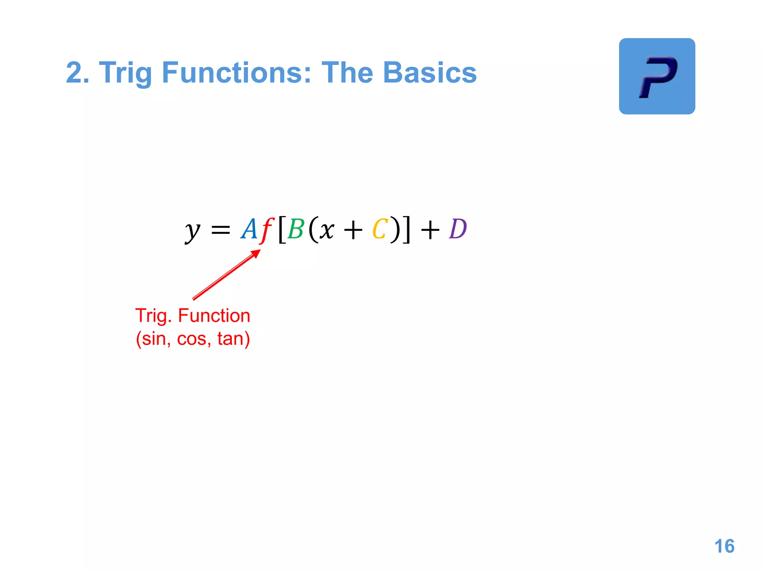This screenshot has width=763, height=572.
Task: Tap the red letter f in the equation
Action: pos(267,230)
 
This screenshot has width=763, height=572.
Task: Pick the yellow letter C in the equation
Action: pos(380,229)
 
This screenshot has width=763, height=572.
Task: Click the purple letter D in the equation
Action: pos(458,229)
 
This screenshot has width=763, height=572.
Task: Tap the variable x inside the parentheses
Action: pos(327,230)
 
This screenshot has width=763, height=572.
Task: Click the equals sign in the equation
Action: pos(221,230)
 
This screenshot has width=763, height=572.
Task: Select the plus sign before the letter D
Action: pos(430,230)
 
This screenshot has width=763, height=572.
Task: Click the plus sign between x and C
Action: pos(353,230)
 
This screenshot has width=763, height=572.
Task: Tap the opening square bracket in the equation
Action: pos(282,230)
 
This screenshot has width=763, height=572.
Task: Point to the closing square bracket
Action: pos(406,230)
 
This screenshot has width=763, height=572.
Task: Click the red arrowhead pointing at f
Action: pos(256,254)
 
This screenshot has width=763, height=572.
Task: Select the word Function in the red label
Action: pos(214,316)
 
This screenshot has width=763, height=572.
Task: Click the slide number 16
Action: pos(724,546)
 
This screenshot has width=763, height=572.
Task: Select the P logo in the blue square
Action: pos(657,76)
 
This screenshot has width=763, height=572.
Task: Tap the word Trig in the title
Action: pos(126,73)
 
